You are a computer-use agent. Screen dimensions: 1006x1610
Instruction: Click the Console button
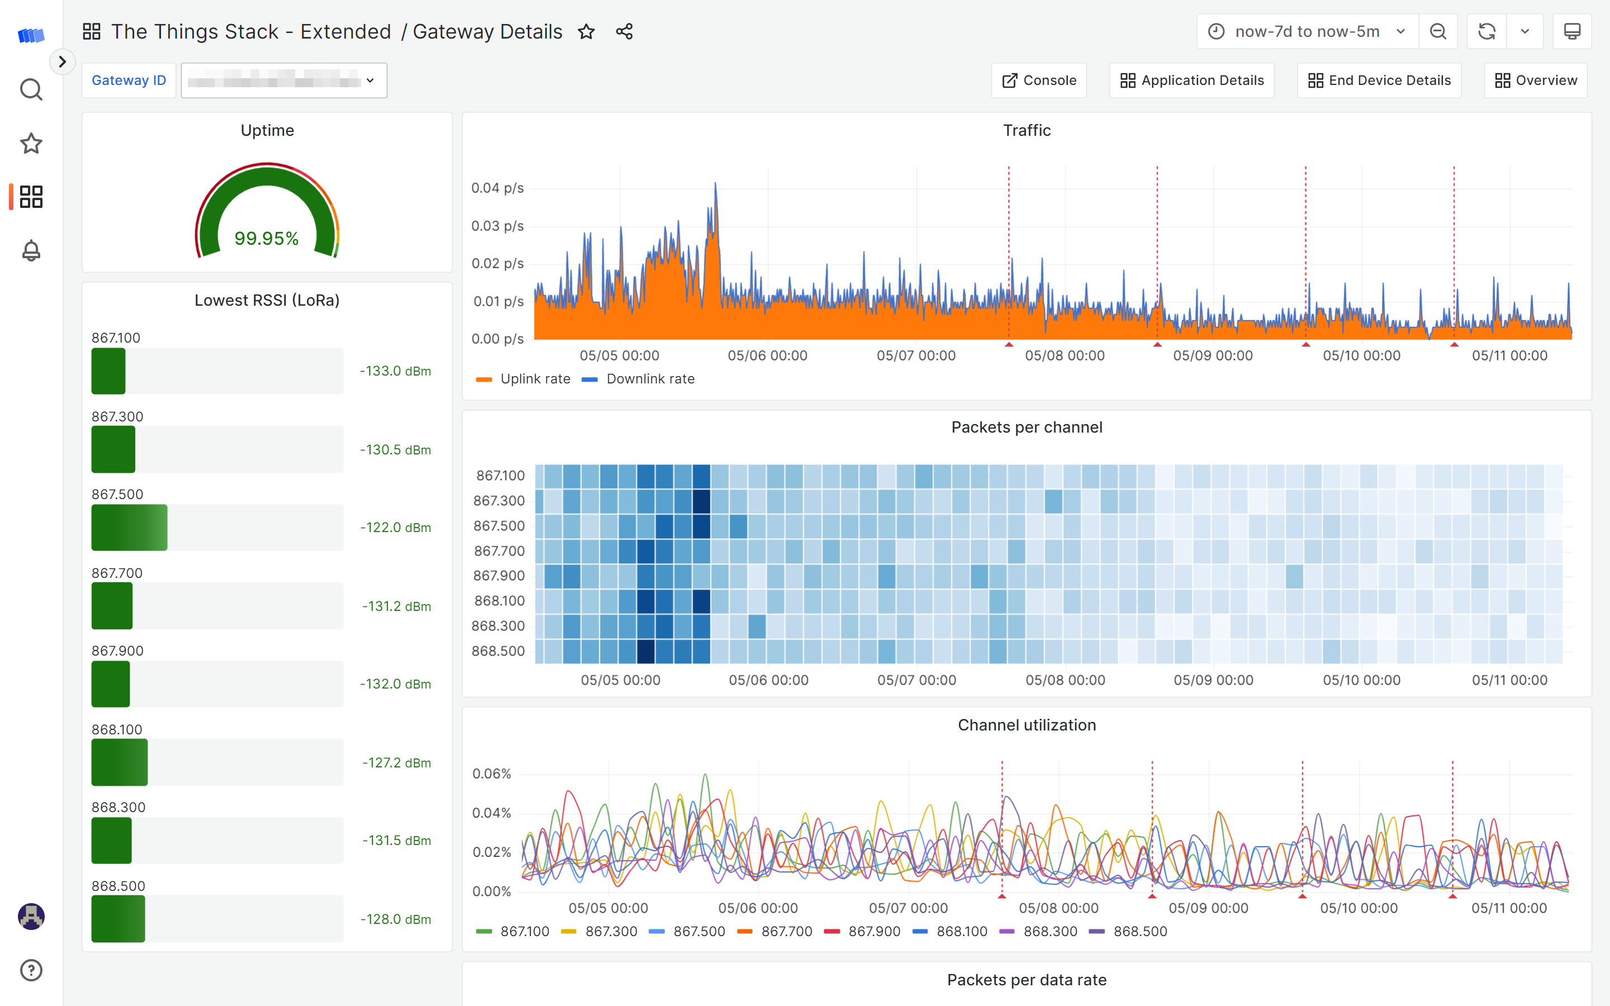coord(1039,80)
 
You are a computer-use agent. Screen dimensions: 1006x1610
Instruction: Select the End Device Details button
coord(1379,80)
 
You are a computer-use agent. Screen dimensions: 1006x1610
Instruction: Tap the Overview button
coord(1536,80)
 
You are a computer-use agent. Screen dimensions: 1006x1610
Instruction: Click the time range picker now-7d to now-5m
coord(1306,31)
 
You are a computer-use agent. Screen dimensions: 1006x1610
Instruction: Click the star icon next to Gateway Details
coord(586,31)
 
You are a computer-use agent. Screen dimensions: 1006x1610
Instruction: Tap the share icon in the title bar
coord(624,31)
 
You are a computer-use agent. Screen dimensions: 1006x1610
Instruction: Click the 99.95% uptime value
coord(267,238)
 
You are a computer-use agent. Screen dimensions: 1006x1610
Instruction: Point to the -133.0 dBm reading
coord(395,371)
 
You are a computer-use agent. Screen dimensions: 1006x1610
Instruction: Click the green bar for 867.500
coord(129,528)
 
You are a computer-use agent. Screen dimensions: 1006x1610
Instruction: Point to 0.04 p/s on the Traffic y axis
coord(497,188)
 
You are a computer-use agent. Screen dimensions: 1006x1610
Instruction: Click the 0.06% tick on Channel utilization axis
coord(491,774)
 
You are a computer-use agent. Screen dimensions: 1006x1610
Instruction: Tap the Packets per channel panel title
coord(1026,427)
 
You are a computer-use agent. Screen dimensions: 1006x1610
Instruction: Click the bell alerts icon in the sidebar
coord(31,251)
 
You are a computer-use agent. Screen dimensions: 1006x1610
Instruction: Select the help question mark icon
coord(31,970)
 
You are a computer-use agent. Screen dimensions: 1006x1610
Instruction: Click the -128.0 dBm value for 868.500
coord(395,919)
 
